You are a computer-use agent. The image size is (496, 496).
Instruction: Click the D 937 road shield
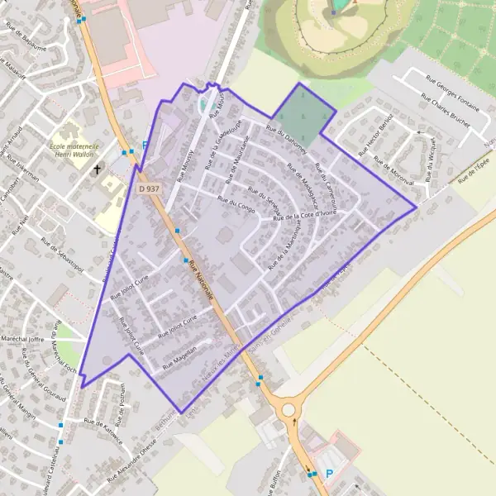[x=148, y=188]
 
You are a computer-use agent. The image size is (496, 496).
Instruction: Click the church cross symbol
[x=98, y=170]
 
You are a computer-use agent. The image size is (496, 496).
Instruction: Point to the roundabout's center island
[x=288, y=410]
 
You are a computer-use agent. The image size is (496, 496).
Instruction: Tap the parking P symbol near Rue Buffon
[x=330, y=474]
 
